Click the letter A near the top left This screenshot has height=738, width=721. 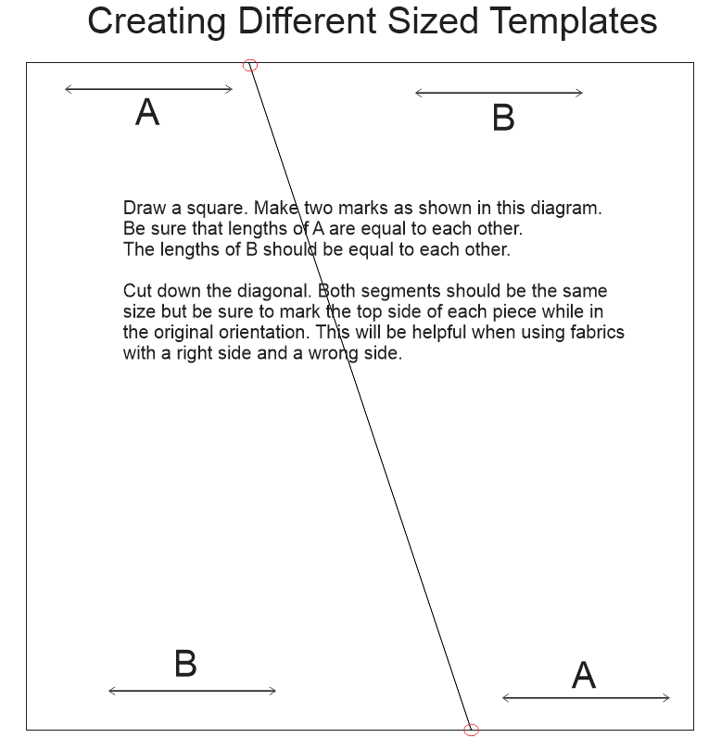click(x=147, y=113)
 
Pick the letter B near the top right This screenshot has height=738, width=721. click(x=502, y=119)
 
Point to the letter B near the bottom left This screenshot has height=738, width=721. click(x=185, y=664)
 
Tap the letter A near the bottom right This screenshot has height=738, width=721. click(x=583, y=676)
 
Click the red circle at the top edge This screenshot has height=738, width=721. click(x=249, y=65)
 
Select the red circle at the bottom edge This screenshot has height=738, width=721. click(x=471, y=730)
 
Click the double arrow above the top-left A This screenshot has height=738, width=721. click(x=148, y=89)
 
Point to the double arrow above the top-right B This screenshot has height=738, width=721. click(x=499, y=93)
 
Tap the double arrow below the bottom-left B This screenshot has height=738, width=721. click(x=192, y=691)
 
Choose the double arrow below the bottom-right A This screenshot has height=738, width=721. click(x=586, y=698)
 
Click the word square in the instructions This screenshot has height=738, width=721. click(x=209, y=208)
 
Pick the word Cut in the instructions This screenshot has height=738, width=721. click(x=137, y=292)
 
